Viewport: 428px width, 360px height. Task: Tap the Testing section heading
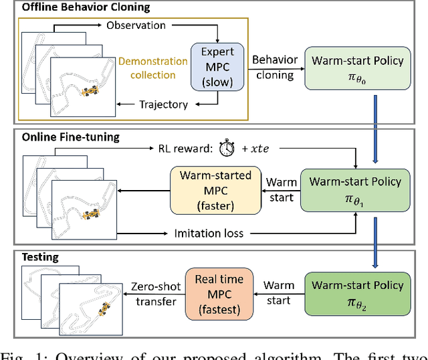[41, 257]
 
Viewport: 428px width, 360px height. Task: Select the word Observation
[136, 25]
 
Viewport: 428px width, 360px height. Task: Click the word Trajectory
[164, 104]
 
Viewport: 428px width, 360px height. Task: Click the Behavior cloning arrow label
[274, 67]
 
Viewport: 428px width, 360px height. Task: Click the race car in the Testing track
[104, 310]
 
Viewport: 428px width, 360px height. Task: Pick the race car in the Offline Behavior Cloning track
[88, 92]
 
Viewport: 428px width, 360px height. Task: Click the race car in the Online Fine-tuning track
[88, 215]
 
